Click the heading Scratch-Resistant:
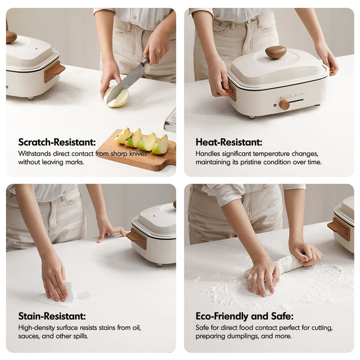point(57,142)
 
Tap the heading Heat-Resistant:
point(228,142)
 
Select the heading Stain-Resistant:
point(52,316)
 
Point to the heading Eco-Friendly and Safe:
point(244,316)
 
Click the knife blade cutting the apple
point(125,83)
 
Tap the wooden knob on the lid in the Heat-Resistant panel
point(275,52)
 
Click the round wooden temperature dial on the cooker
point(284,104)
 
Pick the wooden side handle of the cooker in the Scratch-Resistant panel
point(54,71)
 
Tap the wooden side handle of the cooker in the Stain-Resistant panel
point(136,238)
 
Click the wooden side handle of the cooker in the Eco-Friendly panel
point(339,228)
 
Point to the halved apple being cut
point(116,97)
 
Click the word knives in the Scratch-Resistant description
point(138,153)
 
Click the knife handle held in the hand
point(145,61)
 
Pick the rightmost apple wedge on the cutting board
point(160,145)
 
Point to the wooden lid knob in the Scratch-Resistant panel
point(10,36)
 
